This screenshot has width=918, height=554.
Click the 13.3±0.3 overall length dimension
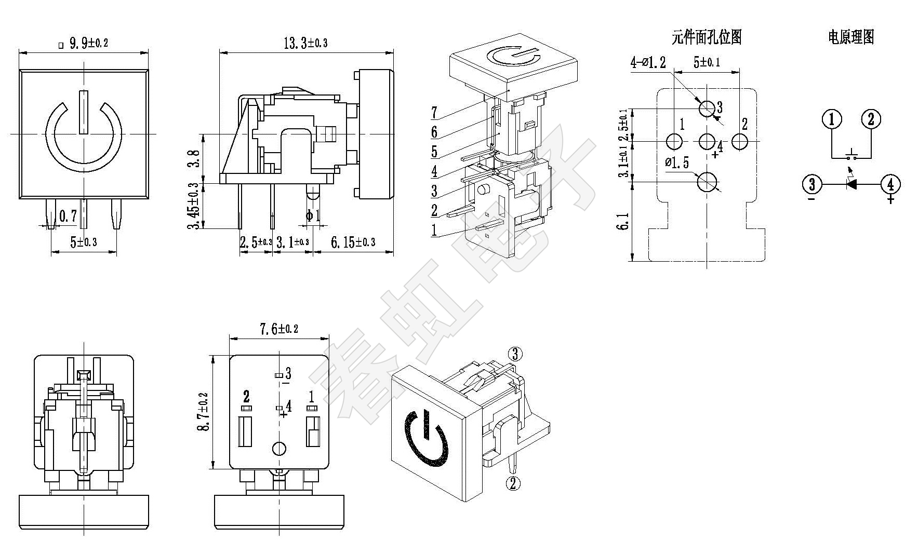pos(305,43)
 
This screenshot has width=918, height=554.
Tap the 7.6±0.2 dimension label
pos(279,329)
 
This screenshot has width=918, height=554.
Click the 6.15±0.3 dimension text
pos(353,242)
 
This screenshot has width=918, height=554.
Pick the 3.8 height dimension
pos(193,159)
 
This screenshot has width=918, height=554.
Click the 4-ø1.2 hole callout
pos(648,63)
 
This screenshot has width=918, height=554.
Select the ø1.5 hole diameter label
pos(677,163)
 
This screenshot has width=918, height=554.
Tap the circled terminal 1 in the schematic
pos(832,119)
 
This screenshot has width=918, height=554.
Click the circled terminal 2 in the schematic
pos(871,119)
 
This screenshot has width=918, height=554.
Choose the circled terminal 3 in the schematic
pos(812,184)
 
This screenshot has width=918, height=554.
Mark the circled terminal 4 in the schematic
pos(890,184)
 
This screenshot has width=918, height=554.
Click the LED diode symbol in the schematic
pos(851,184)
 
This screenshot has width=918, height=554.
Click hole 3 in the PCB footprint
pos(707,109)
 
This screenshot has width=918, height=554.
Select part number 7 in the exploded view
pos(434,112)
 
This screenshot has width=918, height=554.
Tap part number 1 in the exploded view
pos(434,229)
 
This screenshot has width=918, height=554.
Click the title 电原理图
pos(851,37)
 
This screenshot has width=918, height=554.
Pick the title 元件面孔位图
pos(707,37)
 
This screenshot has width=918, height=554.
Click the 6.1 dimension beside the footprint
pos(624,221)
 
